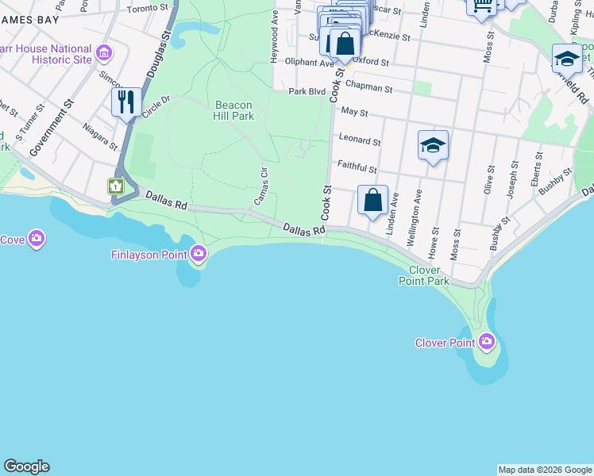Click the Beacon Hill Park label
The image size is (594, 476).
tap(233, 110)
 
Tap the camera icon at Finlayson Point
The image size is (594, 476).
tap(199, 254)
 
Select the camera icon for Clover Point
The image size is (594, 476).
tap(486, 343)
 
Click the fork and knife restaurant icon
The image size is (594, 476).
tap(126, 101)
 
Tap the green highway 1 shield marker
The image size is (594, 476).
tap(116, 186)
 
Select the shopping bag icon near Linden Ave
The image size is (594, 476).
tap(372, 201)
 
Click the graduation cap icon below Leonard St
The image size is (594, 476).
tap(433, 145)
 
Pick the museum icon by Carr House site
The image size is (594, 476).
tap(103, 54)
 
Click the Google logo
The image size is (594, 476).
tap(26, 466)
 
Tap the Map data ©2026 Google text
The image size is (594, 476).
tap(544, 470)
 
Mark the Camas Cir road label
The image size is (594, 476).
tap(261, 186)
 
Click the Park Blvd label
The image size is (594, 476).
tap(307, 91)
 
